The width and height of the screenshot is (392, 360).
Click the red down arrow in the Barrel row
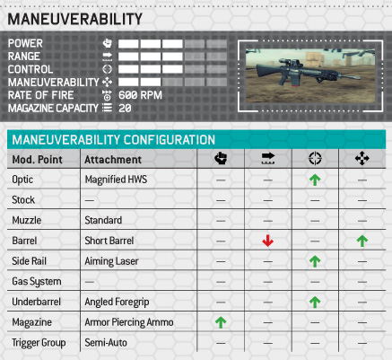point(267,241)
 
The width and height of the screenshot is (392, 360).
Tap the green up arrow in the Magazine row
point(221,322)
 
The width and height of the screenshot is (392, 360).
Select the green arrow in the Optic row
point(315,180)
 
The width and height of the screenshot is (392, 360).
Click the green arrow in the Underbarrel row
point(315,302)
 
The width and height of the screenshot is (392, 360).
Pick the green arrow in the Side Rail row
point(315,261)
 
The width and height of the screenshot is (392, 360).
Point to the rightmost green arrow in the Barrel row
point(362,241)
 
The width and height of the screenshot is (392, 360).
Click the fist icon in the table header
point(221,158)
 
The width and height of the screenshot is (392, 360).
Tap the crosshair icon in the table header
point(315,158)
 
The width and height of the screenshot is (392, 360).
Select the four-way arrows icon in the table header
point(362,158)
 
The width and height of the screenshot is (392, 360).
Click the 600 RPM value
point(140,95)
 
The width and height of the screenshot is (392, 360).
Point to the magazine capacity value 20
point(125,108)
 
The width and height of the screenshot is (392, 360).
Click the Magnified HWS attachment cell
point(116,180)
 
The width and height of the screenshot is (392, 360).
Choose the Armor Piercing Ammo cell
point(129,322)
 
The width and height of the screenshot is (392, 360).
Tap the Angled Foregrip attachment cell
point(117,302)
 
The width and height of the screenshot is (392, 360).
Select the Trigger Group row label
point(39,343)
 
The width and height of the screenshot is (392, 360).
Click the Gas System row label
point(37,282)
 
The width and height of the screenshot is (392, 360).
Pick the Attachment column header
point(113,160)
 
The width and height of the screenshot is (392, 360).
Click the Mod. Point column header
point(38,160)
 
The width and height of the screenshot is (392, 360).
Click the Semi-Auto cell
point(106,343)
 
